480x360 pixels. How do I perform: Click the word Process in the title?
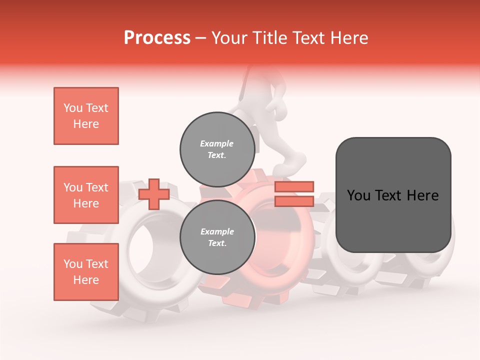tap(157, 37)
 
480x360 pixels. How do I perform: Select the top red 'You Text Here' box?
tap(86, 116)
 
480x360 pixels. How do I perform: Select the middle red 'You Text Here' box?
tap(86, 195)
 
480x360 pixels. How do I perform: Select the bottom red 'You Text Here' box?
tap(86, 271)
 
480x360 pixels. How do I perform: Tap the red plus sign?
tap(154, 194)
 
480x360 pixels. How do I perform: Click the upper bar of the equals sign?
tap(294, 187)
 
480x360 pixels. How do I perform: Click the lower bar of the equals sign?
tap(294, 201)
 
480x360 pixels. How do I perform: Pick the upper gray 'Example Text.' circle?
tap(217, 149)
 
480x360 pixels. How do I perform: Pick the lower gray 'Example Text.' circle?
tap(217, 237)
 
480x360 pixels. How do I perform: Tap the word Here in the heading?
tap(349, 37)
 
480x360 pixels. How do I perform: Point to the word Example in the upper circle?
tap(216, 143)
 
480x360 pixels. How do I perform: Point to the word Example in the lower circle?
tap(216, 231)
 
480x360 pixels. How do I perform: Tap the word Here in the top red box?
tap(86, 124)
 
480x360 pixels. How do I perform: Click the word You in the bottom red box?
tap(72, 263)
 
